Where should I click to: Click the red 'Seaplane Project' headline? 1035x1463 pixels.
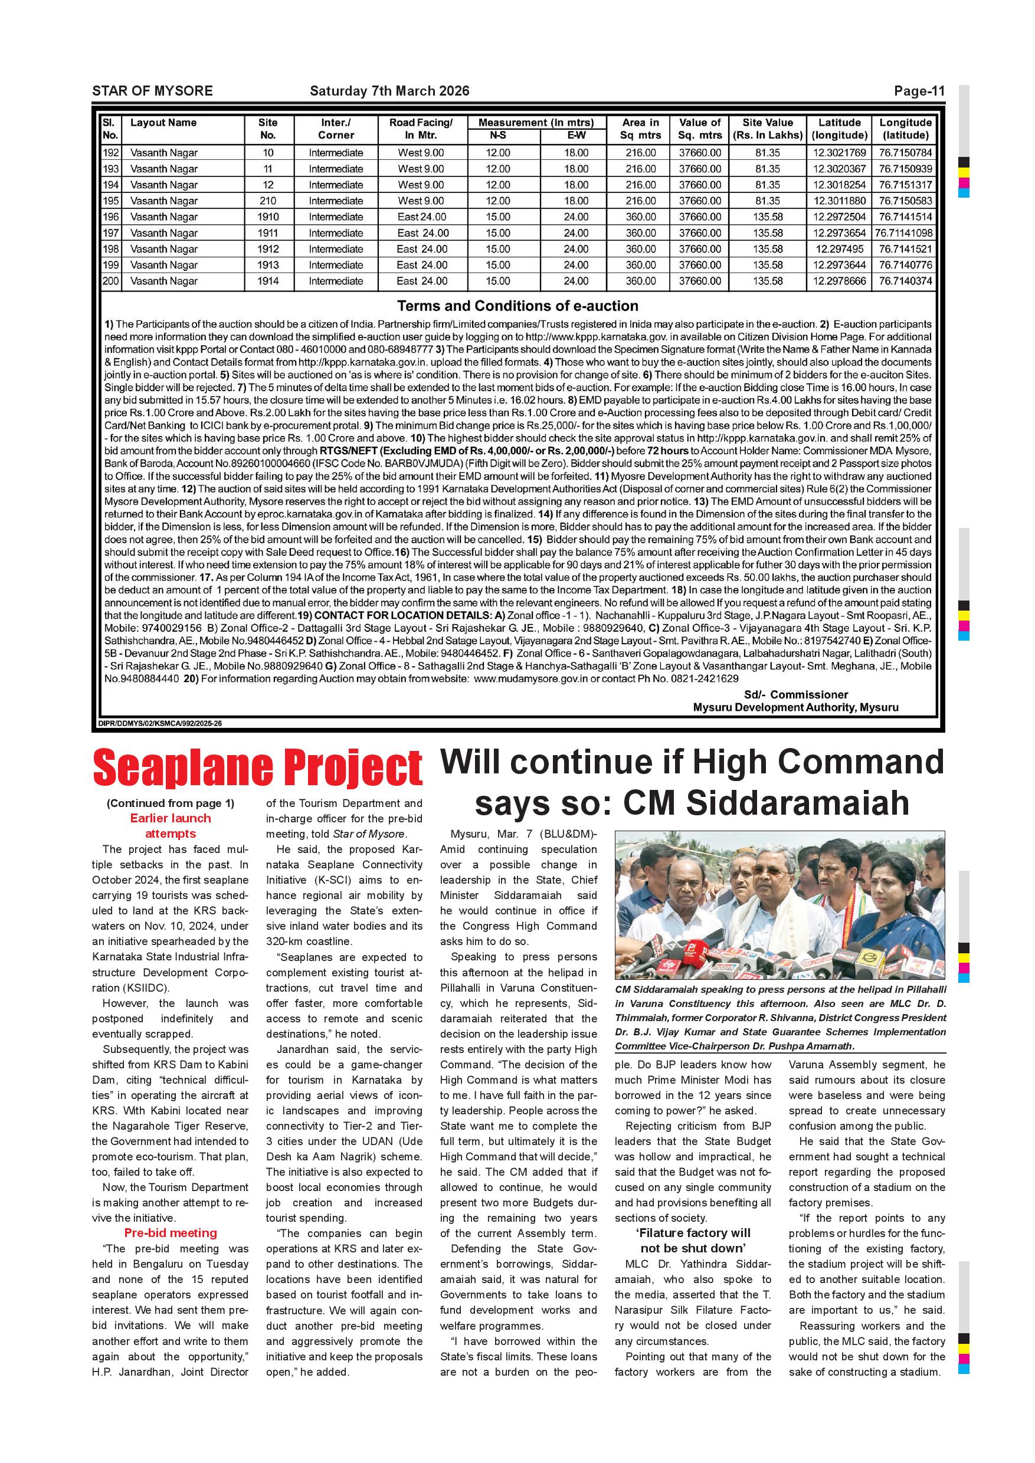tap(257, 769)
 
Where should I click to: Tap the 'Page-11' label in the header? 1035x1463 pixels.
tap(918, 91)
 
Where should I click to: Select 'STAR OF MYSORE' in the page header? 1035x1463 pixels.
tap(152, 91)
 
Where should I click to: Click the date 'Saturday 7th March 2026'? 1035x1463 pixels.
tap(389, 91)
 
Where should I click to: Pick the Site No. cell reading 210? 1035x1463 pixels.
tap(268, 201)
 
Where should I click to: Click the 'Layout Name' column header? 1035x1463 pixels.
tap(164, 123)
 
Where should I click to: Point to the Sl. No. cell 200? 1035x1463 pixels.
tap(111, 281)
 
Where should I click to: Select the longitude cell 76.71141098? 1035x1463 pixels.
tap(905, 233)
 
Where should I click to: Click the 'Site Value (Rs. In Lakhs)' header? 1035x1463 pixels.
tap(767, 129)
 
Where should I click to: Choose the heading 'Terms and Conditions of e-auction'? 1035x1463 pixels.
tap(517, 306)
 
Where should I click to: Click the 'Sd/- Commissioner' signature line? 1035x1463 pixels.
tap(795, 694)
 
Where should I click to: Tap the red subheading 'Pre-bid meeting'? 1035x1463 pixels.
tap(170, 1233)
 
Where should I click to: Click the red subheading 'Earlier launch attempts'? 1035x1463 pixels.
tap(170, 826)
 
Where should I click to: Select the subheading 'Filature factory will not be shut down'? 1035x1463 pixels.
tap(693, 1241)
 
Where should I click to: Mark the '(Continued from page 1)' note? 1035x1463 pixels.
tap(170, 803)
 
